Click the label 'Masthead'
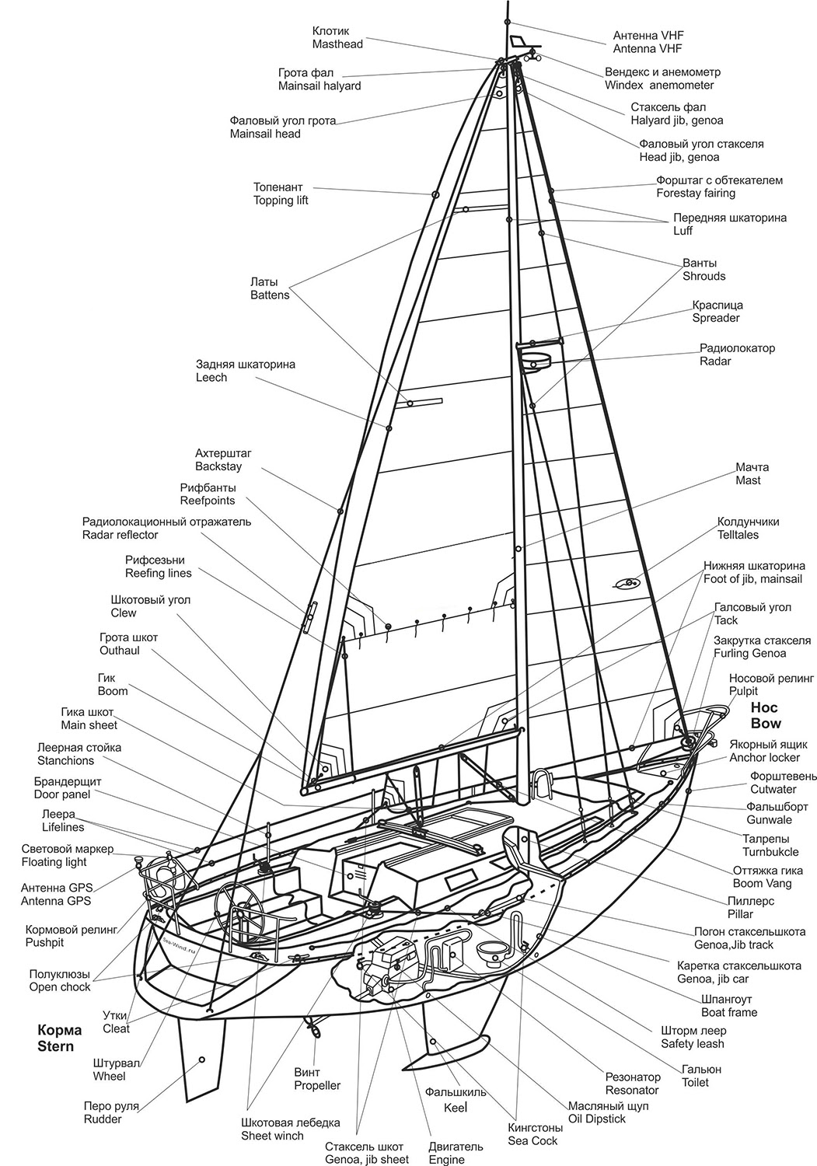[x=337, y=44]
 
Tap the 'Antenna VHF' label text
[x=647, y=48]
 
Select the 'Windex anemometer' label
[x=658, y=85]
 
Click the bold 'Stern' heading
[x=56, y=1046]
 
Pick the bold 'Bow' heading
[x=765, y=722]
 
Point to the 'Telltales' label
[x=738, y=535]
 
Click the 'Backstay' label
[x=218, y=466]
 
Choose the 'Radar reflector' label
[x=120, y=535]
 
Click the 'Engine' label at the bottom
[x=445, y=1160]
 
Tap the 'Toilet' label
[x=695, y=1082]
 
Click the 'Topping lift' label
[x=281, y=201]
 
